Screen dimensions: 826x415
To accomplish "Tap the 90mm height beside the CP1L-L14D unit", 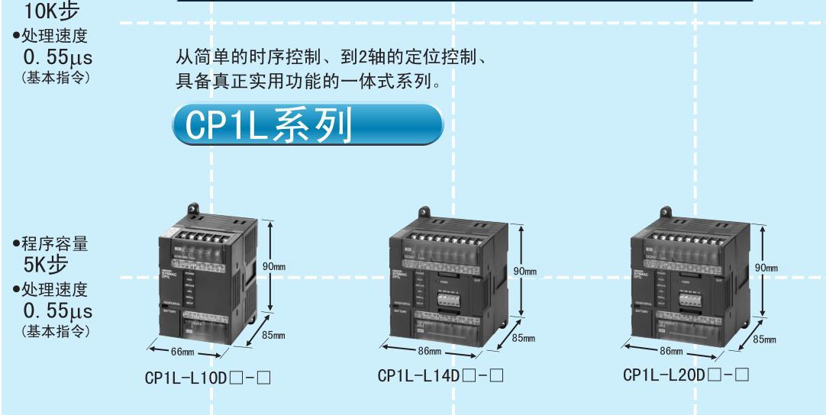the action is pyautogui.click(x=525, y=272).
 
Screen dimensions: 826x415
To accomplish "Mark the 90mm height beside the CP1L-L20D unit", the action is pyautogui.click(x=765, y=269).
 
